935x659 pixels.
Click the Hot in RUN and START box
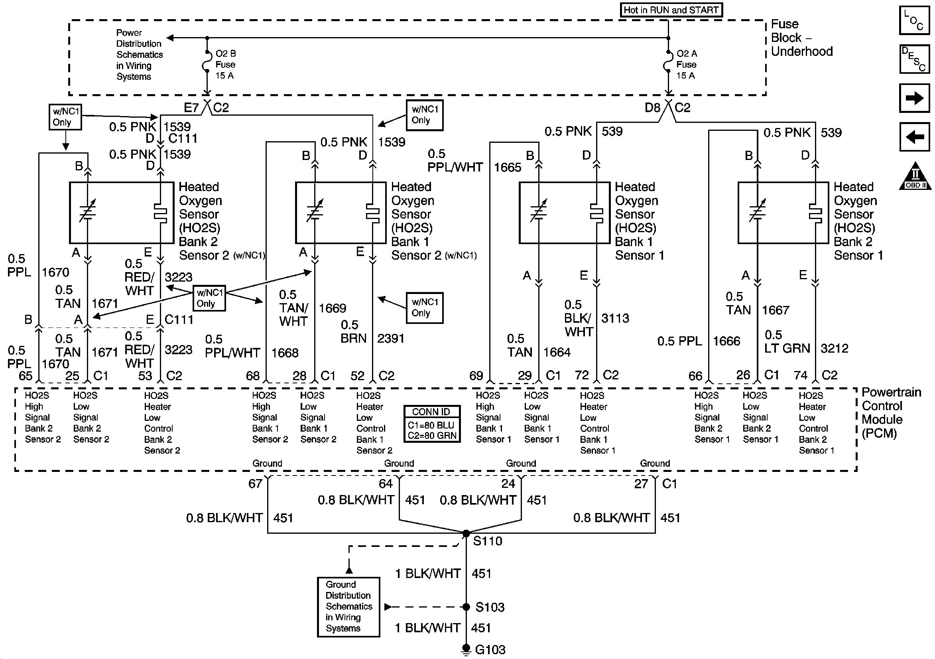[671, 10]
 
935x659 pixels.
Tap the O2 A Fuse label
[687, 64]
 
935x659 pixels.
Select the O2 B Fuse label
[225, 64]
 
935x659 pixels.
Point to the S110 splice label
[488, 541]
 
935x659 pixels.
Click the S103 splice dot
[467, 607]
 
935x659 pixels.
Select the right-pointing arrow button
[914, 98]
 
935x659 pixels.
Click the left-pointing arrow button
[914, 136]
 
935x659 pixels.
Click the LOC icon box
[914, 20]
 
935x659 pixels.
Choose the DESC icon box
[914, 59]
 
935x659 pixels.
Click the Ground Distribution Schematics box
[348, 606]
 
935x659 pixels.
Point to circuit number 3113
[615, 318]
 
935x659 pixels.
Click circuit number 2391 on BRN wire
[390, 339]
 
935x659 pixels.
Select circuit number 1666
[726, 341]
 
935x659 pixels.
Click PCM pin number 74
[800, 375]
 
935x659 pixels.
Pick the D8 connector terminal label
[652, 108]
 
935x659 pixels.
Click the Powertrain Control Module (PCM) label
[891, 412]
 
